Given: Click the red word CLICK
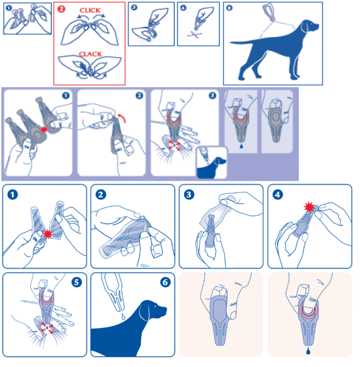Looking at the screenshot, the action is (x=90, y=10).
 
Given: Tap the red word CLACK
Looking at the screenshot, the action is (x=90, y=54).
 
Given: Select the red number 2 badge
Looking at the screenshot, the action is (x=61, y=9).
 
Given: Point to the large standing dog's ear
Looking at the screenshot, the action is (x=305, y=28).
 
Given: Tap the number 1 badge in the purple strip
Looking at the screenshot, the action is (x=66, y=95).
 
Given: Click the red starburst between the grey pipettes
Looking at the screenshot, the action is (x=44, y=129).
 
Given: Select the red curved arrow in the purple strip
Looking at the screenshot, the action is (x=122, y=117).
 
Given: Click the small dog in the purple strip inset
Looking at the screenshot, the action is (x=212, y=168).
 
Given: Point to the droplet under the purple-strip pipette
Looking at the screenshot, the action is (x=241, y=146).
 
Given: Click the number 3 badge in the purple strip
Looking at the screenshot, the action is (x=212, y=95).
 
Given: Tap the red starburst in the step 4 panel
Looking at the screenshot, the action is (x=309, y=207).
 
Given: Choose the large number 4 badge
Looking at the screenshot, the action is (x=277, y=195).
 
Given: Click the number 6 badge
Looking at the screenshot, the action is (x=165, y=282).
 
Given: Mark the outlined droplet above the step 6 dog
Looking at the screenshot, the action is (x=123, y=317).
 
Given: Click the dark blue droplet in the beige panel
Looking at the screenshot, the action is (x=308, y=351).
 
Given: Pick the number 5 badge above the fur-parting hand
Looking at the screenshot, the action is (x=77, y=282).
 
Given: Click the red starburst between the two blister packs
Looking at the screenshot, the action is (x=48, y=233).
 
